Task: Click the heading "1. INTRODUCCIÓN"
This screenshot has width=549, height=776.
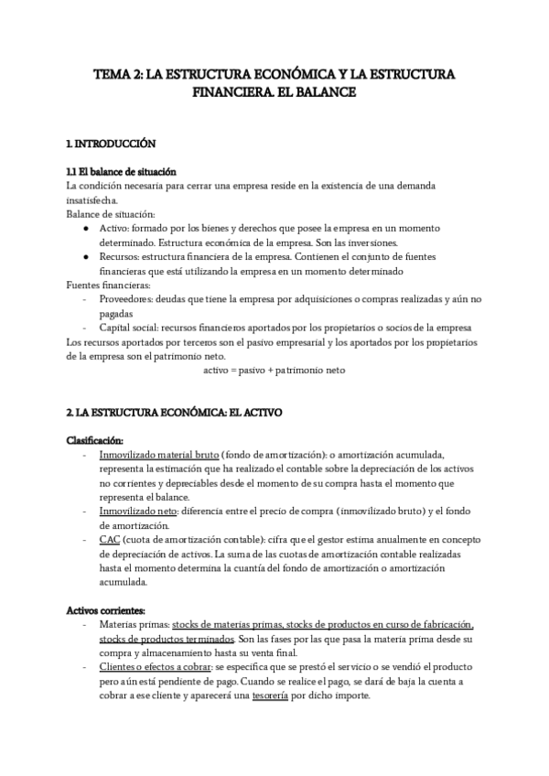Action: pyautogui.click(x=112, y=144)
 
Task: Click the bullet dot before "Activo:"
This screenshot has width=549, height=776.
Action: pyautogui.click(x=85, y=228)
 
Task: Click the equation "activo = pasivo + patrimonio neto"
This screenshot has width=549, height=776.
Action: pyautogui.click(x=274, y=371)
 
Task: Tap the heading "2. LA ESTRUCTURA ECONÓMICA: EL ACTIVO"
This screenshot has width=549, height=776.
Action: pyautogui.click(x=175, y=413)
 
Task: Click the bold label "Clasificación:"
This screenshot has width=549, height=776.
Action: pyautogui.click(x=95, y=440)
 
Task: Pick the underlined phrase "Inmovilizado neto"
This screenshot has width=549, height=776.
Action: pyautogui.click(x=136, y=512)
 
